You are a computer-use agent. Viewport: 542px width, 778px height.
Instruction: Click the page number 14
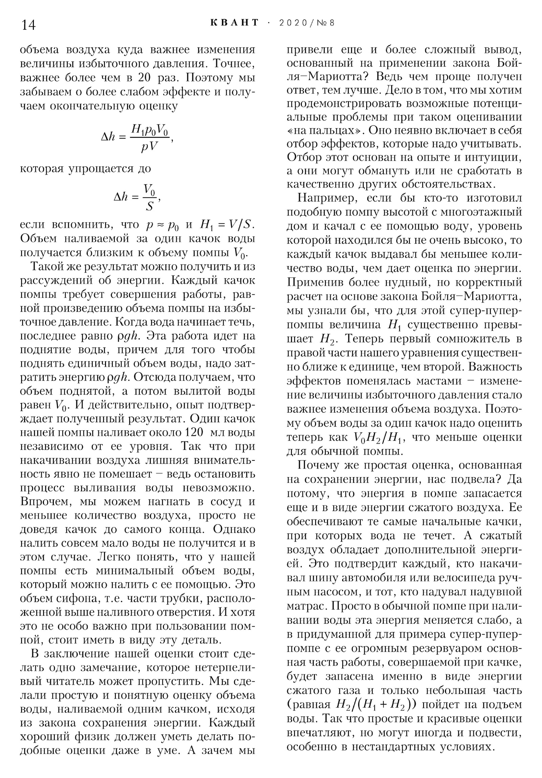pyautogui.click(x=28, y=25)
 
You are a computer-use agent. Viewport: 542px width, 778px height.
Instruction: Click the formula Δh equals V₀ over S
pyautogui.click(x=137, y=197)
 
